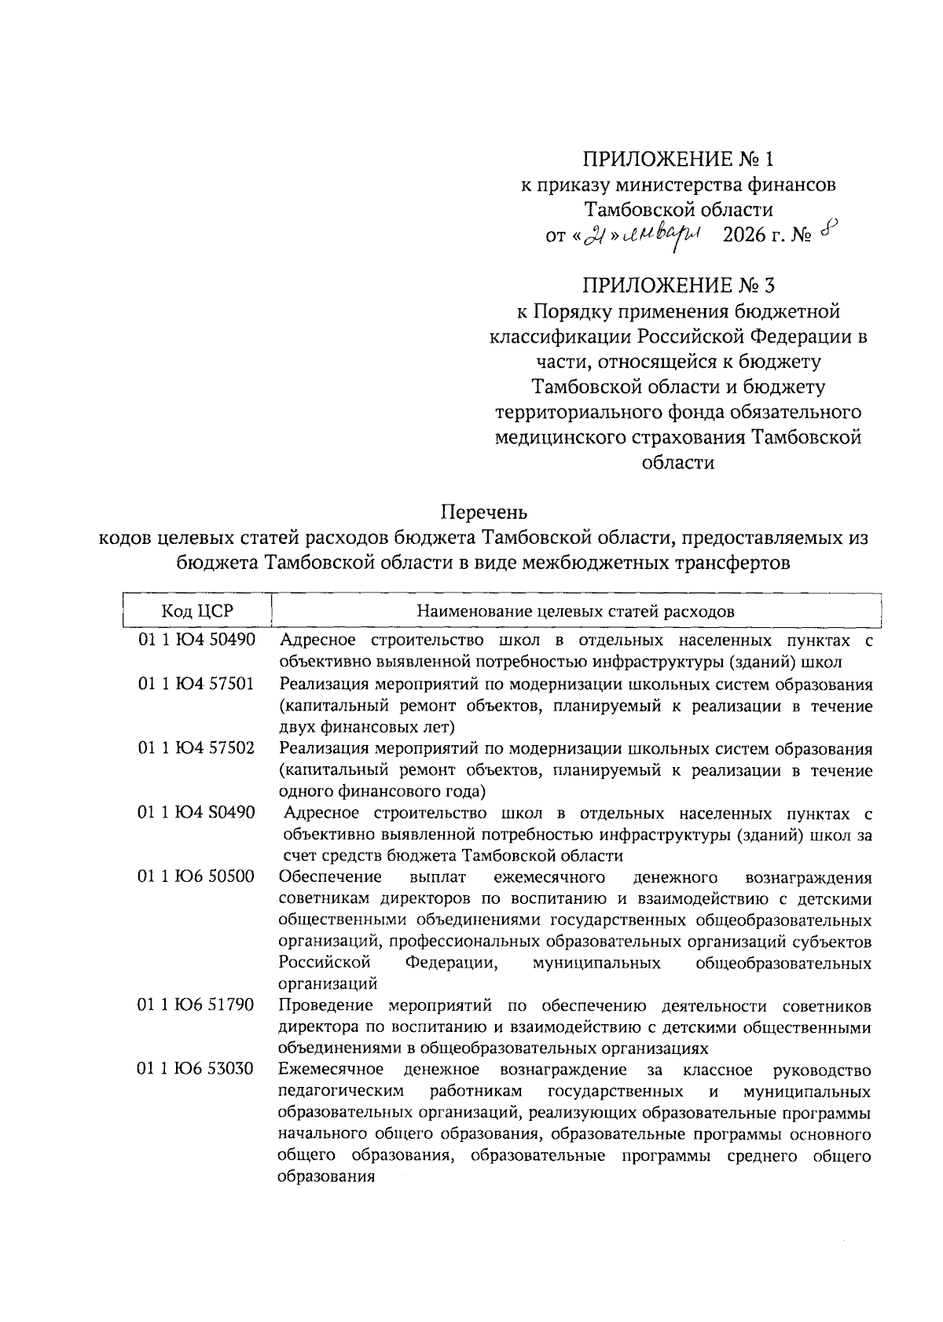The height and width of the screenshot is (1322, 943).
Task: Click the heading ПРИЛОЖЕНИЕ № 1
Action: [x=677, y=160]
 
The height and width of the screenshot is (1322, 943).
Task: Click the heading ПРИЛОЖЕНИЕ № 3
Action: [x=677, y=285]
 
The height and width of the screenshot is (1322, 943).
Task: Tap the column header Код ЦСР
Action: [x=197, y=611]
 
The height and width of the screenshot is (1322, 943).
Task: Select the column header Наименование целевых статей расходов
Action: [x=575, y=611]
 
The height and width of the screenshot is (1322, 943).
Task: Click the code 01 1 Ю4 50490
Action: [x=196, y=640]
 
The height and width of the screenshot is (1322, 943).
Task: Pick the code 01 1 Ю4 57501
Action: [x=196, y=683]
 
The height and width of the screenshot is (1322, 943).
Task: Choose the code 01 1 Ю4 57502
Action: [x=196, y=747]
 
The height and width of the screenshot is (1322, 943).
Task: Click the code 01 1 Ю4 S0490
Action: [x=196, y=812]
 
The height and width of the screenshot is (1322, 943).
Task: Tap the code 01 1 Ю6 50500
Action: [x=196, y=876]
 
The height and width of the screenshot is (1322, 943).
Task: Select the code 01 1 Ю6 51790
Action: [x=196, y=1004]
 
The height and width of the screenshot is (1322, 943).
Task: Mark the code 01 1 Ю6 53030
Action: [x=196, y=1069]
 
